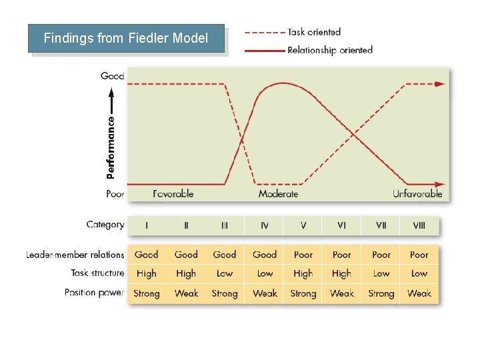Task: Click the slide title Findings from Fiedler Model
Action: [x=126, y=38]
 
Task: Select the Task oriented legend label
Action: [x=313, y=32]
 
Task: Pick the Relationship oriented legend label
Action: [x=329, y=50]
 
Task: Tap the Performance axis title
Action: [x=111, y=147]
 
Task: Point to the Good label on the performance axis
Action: [x=112, y=76]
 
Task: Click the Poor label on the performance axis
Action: [x=115, y=194]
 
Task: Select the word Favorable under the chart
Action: [x=173, y=194]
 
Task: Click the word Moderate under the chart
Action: [x=278, y=194]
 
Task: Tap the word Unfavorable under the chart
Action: [x=417, y=194]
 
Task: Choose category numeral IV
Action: [x=265, y=225]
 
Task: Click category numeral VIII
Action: [x=419, y=225]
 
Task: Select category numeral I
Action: [x=147, y=225]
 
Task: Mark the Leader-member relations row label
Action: [x=75, y=255]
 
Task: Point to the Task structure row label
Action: [x=97, y=273]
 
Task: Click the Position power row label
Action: [x=94, y=293]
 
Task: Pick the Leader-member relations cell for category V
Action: [x=303, y=255]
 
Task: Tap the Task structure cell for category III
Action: [x=225, y=273]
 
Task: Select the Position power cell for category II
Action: [x=186, y=293]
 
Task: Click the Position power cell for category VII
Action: [x=381, y=293]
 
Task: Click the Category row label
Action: [x=105, y=225]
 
